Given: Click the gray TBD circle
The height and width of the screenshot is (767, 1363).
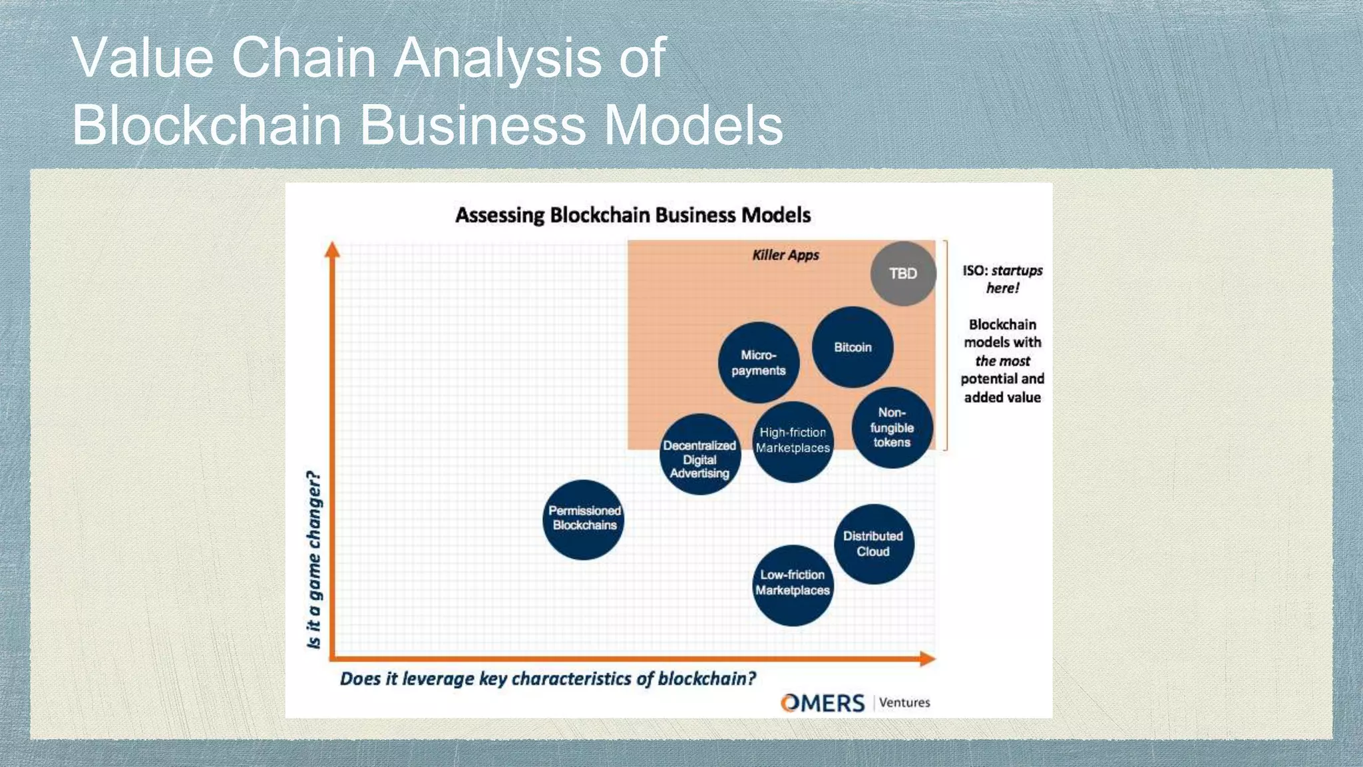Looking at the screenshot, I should tap(903, 274).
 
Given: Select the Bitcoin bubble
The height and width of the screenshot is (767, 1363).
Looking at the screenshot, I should tap(853, 347).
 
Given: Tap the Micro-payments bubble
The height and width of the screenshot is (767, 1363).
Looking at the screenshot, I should tap(759, 363).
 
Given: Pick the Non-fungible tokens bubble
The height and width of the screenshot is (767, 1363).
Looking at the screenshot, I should tap(892, 427).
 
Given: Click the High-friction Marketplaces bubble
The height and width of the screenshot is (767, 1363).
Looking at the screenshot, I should tap(793, 441).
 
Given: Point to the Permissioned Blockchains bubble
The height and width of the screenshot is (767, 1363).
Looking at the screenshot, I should tap(584, 519).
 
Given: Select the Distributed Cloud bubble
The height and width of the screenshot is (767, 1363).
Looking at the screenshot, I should tap(873, 544).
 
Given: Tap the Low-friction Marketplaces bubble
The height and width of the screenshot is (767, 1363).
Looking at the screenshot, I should tap(793, 584).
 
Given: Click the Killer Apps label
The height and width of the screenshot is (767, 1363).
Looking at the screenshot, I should tap(785, 255).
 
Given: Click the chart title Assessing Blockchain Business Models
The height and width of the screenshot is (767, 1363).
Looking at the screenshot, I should tap(633, 215).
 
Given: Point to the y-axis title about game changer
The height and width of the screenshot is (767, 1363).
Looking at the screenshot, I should tap(314, 559).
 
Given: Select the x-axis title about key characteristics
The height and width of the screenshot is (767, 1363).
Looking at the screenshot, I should tap(548, 678).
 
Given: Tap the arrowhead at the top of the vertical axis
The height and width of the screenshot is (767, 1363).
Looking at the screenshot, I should tap(332, 250).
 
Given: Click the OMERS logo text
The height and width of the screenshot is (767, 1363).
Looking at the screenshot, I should tap(823, 703).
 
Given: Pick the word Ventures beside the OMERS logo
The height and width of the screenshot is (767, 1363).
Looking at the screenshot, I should tap(904, 702).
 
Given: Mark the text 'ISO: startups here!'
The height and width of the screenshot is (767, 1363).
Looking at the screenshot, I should tap(1002, 279).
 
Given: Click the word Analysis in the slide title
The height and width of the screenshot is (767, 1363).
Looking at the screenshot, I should tap(497, 58).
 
